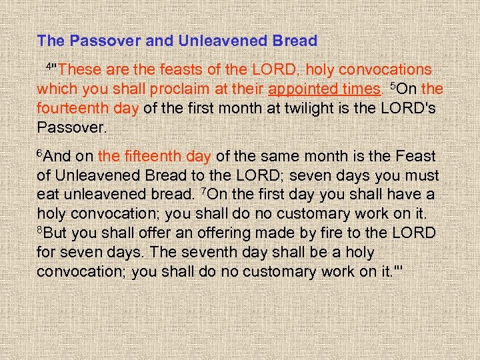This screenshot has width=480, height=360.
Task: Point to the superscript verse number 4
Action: (x=48, y=65)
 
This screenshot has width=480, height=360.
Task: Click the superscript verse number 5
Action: (x=393, y=85)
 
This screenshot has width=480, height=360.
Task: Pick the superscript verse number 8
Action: (x=40, y=229)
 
